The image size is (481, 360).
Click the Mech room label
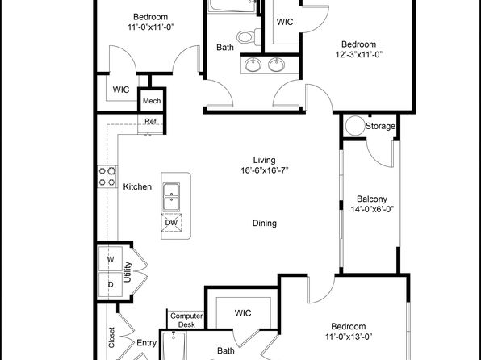click(x=152, y=101)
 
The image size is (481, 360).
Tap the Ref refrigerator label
click(x=150, y=122)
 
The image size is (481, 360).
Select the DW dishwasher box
click(x=171, y=223)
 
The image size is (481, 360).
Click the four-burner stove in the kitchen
click(x=107, y=177)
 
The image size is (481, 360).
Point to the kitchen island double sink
click(x=171, y=197)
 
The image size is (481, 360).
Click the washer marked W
click(x=111, y=259)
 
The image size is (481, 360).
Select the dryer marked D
click(x=111, y=284)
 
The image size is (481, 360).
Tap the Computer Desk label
click(x=186, y=320)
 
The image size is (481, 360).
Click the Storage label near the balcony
click(x=380, y=126)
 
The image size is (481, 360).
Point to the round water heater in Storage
click(x=355, y=126)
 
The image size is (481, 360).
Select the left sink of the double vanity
click(x=253, y=65)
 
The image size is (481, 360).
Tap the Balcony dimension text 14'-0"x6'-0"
click(x=372, y=209)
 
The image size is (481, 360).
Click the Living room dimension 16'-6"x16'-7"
click(x=265, y=170)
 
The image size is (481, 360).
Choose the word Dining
click(x=265, y=223)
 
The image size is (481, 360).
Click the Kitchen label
click(x=137, y=186)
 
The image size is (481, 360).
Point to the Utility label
click(x=128, y=272)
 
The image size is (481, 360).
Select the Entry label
click(x=146, y=343)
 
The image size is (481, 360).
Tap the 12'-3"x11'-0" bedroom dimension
click(x=358, y=55)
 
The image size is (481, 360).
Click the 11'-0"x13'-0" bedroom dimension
click(x=349, y=337)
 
